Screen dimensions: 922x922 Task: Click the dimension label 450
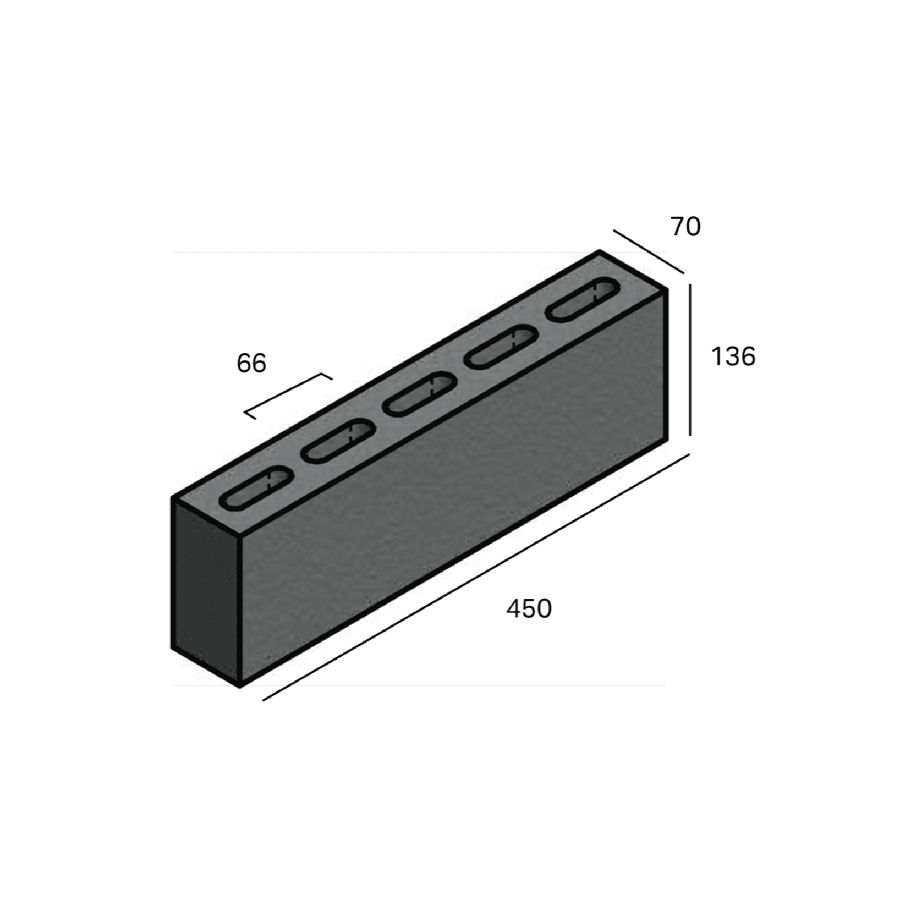pyautogui.click(x=529, y=609)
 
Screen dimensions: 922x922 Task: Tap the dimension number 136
pyautogui.click(x=733, y=356)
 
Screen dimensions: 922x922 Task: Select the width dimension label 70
pyautogui.click(x=685, y=227)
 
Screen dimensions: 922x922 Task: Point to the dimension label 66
pyautogui.click(x=251, y=363)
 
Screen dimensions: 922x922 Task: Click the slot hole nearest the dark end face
pyautogui.click(x=256, y=488)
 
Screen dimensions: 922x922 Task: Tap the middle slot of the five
pyautogui.click(x=420, y=394)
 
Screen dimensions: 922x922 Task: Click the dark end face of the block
pyautogui.click(x=206, y=591)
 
